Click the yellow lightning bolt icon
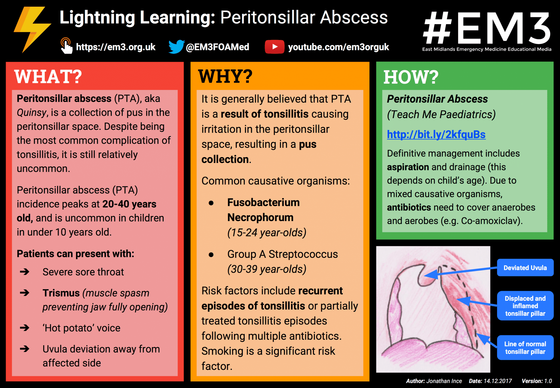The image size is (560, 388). coord(31,29)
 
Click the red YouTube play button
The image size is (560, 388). coord(275,47)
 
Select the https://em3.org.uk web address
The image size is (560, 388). coord(116,47)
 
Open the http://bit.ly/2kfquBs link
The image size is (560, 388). coord(436,135)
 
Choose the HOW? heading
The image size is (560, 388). coord(411,77)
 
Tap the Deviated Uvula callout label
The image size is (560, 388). coord(525,268)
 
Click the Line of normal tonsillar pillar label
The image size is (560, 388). coord(525,348)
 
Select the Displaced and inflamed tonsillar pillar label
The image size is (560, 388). coord(525,306)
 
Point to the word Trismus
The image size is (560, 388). coord(61,293)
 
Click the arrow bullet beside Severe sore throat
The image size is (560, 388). coord(25,272)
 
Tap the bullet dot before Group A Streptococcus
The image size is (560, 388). coord(211,255)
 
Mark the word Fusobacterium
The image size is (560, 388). coord(263,202)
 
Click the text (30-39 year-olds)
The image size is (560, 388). coord(267,269)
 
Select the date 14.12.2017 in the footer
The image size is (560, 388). coord(498,381)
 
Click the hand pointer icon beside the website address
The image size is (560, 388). coord(66,46)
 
